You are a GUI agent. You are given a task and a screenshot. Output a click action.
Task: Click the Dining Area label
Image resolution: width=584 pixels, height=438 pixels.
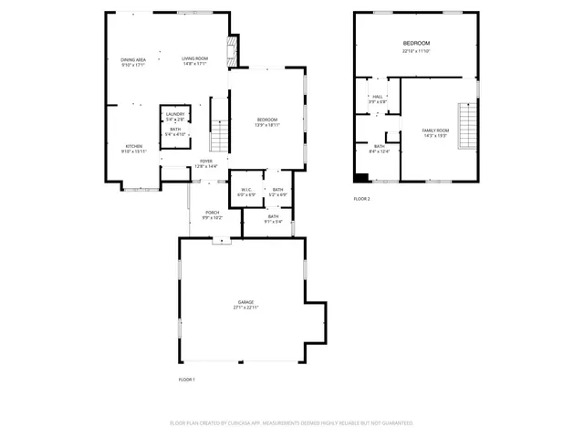[133, 59]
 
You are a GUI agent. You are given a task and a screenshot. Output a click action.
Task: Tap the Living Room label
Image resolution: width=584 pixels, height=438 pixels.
[194, 59]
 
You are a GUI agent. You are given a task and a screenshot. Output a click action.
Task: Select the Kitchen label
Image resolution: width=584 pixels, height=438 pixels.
[133, 147]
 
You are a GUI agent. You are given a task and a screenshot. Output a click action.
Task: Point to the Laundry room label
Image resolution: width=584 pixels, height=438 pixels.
[175, 114]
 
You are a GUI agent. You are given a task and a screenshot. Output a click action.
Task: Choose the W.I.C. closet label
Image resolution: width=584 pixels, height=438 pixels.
[246, 190]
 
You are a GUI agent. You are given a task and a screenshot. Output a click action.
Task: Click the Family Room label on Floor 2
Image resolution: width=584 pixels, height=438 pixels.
[435, 130]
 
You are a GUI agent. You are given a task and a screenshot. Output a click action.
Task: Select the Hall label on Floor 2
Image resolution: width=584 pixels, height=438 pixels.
[377, 96]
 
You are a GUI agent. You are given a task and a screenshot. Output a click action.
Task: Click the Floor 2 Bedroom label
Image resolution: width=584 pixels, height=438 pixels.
[416, 44]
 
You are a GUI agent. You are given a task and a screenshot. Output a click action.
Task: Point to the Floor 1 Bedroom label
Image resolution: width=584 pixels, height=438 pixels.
[266, 120]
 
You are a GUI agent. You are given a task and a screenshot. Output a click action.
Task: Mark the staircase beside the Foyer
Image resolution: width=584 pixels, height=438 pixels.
[219, 136]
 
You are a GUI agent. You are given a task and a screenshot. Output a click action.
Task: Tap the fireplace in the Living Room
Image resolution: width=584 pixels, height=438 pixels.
[232, 49]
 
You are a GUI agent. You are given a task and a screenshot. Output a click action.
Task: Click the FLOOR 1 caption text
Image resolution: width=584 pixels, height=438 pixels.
[186, 379]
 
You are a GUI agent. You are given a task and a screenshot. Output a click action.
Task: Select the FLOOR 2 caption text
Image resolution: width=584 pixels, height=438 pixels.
[362, 198]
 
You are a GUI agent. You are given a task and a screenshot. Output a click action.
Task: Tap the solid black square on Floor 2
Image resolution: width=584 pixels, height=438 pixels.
[362, 178]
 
